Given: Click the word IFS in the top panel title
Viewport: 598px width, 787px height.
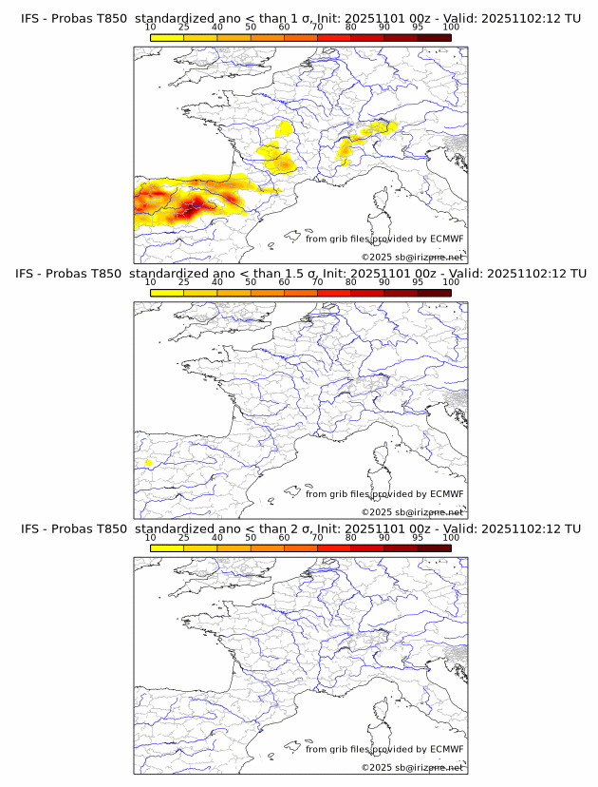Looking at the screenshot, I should (29, 18).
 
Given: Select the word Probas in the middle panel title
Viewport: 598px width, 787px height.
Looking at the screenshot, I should (73, 274).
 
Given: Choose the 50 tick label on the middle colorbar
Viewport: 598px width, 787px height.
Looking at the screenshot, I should (251, 282).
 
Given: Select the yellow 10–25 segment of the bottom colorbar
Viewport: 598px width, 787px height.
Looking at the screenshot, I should (167, 548).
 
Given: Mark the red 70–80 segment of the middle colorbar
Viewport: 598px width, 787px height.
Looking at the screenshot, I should (333, 293).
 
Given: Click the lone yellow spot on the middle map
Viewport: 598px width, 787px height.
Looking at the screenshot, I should (148, 463).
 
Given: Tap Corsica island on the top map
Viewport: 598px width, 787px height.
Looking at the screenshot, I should (383, 202).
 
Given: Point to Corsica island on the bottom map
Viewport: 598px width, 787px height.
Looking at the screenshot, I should (383, 713).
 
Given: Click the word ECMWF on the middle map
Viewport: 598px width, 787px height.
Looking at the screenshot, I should (446, 494).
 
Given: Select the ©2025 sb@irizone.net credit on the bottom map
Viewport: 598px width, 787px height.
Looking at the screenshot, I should (412, 767).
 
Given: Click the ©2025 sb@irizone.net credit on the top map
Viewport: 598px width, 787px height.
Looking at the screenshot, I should (412, 257).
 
